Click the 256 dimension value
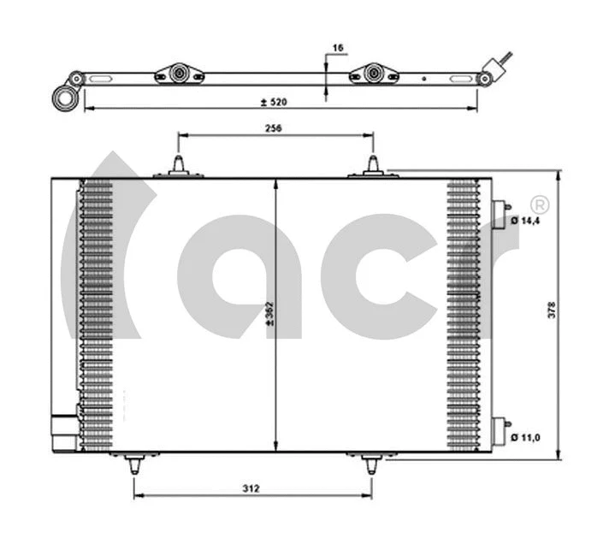(x=274, y=127)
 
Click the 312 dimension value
(x=250, y=488)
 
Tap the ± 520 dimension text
(x=274, y=102)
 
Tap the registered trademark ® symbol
(x=539, y=204)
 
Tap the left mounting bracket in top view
(x=179, y=74)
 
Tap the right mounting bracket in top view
(x=374, y=74)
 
